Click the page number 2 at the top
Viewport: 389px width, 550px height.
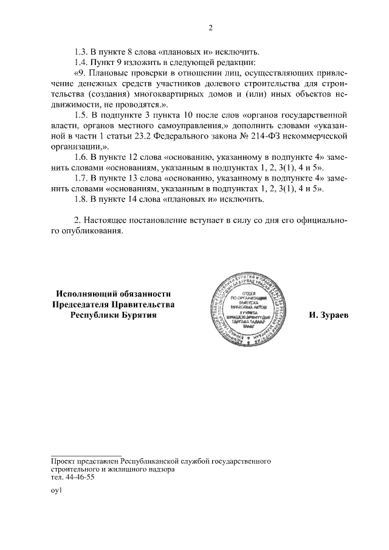point(210,27)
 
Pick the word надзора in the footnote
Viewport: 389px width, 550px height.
point(159,470)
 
